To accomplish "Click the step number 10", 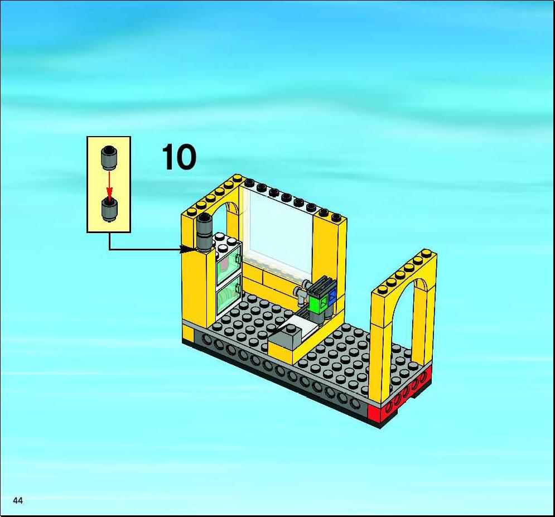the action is (x=178, y=157).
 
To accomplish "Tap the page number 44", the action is (x=18, y=500).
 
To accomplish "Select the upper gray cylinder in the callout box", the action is (x=109, y=158).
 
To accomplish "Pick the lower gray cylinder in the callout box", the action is (x=109, y=210).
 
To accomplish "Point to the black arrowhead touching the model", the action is (x=187, y=249).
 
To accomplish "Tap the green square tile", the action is (x=318, y=303).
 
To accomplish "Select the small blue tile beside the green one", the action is (x=332, y=297).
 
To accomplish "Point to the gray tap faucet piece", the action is (x=301, y=291).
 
